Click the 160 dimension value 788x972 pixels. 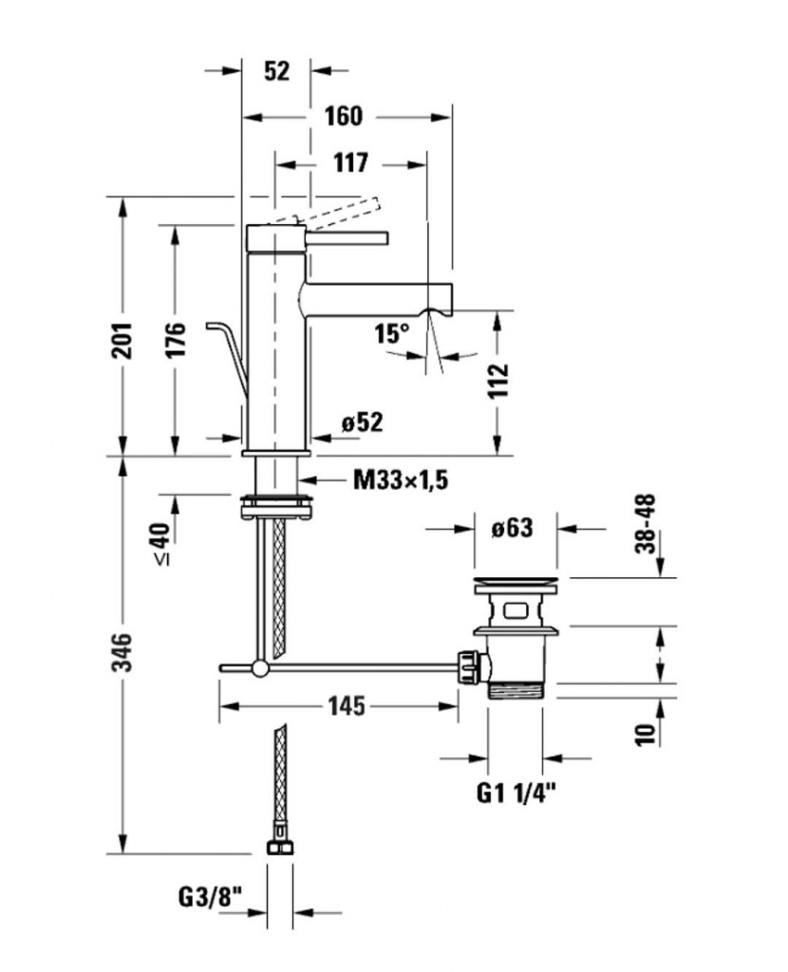tap(343, 116)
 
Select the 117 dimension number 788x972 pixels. tap(351, 163)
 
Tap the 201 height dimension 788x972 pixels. tap(124, 340)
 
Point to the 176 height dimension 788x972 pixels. tap(176, 340)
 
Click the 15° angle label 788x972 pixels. tap(392, 334)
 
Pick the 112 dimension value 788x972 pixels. tap(497, 381)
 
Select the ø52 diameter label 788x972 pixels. tap(363, 422)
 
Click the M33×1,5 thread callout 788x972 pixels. tap(400, 479)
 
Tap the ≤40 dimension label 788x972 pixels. tap(160, 543)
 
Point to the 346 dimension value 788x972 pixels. tap(124, 653)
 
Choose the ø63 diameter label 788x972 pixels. tap(512, 528)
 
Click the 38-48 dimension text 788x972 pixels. tap(646, 524)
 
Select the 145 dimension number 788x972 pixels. tap(346, 706)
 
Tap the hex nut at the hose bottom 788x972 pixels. tap(280, 848)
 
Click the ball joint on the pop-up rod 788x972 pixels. tap(260, 667)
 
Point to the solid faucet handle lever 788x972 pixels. tap(347, 238)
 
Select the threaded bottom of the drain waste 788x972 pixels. tap(516, 690)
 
